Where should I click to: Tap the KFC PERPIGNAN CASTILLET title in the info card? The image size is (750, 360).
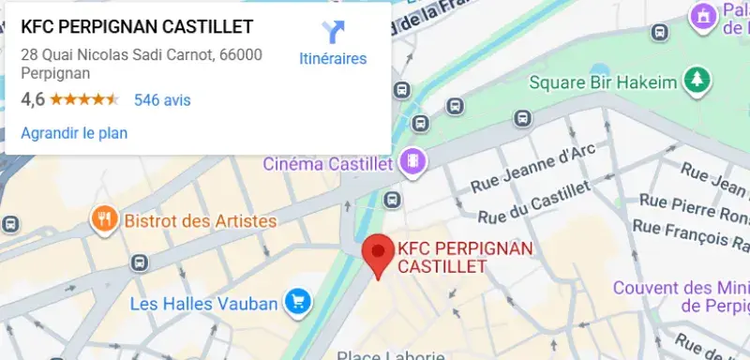pos(137,26)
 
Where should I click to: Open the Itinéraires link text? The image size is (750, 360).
pos(333,59)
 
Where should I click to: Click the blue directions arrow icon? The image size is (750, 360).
pos(333,32)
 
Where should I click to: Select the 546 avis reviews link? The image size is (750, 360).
pos(162,99)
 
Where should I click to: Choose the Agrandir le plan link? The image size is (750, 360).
pos(74,133)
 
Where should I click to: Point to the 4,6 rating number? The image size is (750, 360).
pos(33,99)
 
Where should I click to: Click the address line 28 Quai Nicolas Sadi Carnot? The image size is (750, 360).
pos(141,54)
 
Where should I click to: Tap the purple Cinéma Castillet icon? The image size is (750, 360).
pos(412,163)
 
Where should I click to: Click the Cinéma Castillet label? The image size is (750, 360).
pos(326,164)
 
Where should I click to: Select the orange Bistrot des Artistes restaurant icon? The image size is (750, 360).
pos(103,221)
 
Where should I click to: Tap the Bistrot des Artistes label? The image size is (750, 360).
pos(201,221)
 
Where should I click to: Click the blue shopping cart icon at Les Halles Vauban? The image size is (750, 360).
pos(299,302)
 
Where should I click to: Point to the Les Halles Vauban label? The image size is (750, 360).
pos(203,303)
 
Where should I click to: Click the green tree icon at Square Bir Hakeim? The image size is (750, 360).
pos(697,81)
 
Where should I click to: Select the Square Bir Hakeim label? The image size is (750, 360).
pos(603,82)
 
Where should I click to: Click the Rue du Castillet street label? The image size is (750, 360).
pos(534,203)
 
